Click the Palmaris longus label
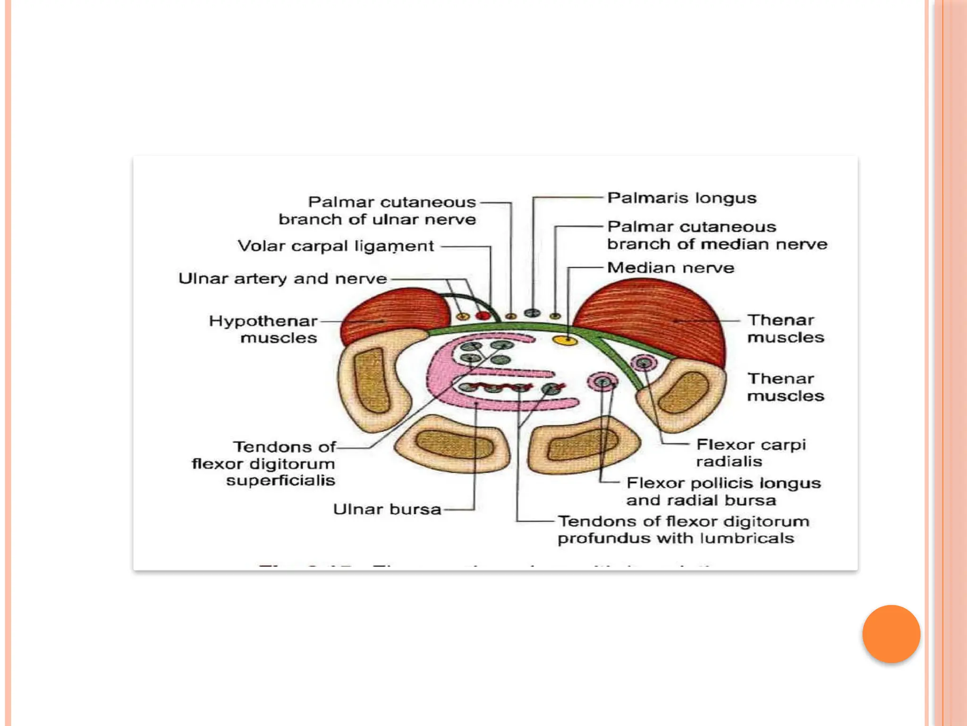pos(681,198)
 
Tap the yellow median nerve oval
pos(565,340)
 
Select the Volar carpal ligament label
pos(335,246)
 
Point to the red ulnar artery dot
pos(483,315)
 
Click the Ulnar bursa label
pos(387,509)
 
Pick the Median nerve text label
pos(670,268)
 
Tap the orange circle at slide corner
pos(891,634)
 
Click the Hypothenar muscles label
pos(263,329)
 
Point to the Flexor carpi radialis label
pos(751,452)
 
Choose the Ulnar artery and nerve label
pos(282,278)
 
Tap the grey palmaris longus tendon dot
pos(533,313)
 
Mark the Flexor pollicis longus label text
pos(723,483)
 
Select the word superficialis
pos(280,480)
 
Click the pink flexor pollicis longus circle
pos(602,381)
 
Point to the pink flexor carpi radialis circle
pos(643,363)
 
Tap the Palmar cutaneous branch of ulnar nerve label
pos(378,210)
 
